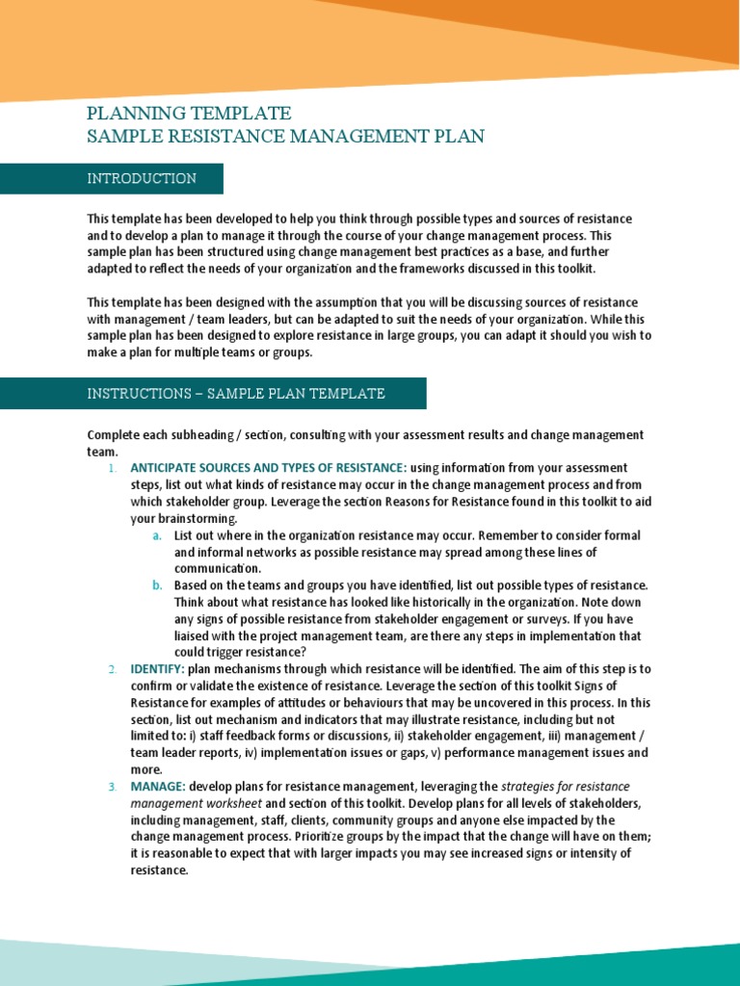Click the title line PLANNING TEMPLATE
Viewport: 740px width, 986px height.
point(189,114)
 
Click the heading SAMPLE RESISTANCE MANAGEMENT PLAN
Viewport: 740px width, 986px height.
point(285,137)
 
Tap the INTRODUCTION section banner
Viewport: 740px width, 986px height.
point(142,178)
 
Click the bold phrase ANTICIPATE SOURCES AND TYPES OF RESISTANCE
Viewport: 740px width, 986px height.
point(269,468)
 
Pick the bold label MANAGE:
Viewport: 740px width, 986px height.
point(158,787)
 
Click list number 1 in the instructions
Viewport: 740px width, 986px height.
point(111,468)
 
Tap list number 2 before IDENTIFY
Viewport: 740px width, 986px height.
point(111,668)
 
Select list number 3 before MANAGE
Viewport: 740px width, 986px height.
point(111,787)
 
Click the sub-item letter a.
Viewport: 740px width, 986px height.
point(156,535)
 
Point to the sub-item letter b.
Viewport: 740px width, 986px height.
point(156,585)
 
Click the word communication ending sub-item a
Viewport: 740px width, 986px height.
point(217,569)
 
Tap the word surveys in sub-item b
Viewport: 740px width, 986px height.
point(562,619)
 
